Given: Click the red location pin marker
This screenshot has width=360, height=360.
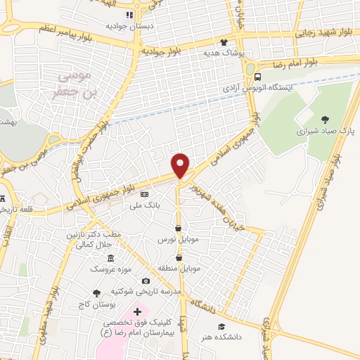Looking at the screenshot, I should (x=181, y=165).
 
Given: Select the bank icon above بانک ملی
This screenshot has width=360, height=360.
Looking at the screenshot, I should (x=145, y=194).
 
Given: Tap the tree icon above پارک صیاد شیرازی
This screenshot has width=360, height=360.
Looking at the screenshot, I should (x=323, y=120).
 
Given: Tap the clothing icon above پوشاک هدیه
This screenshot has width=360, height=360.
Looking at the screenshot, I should (x=224, y=42).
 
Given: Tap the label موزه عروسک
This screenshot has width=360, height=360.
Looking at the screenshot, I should (x=108, y=269).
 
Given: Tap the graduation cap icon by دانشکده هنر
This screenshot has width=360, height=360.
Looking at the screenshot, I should (x=221, y=327).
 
